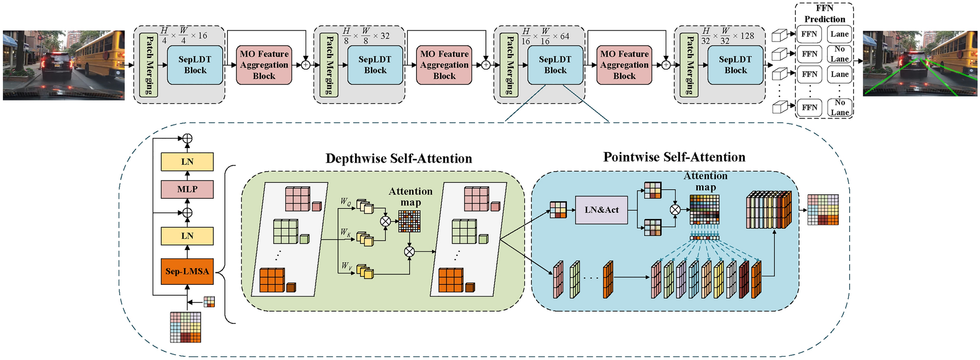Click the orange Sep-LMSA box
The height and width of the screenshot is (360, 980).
[x=187, y=272]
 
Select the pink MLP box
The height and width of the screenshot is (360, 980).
[x=187, y=189]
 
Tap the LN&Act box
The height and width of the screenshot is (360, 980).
[x=602, y=210]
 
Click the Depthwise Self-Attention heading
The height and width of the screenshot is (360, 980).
[x=399, y=159]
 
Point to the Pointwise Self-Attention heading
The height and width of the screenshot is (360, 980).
[x=674, y=157]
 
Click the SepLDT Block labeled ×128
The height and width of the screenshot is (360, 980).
[x=735, y=65]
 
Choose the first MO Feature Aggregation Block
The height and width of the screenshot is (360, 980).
[x=264, y=65]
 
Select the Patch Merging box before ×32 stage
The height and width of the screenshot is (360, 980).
[x=329, y=65]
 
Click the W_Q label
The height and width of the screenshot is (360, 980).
[x=346, y=201]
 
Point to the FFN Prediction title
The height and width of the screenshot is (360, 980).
[x=825, y=14]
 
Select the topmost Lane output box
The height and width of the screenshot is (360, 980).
[x=839, y=34]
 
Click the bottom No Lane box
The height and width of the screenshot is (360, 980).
[x=839, y=107]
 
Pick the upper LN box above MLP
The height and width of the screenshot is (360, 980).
[x=187, y=162]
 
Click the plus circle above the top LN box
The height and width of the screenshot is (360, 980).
[x=187, y=139]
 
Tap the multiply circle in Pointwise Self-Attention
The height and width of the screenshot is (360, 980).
[x=675, y=210]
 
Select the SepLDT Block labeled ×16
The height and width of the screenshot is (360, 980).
[x=195, y=65]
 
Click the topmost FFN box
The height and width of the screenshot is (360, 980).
[x=809, y=34]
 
